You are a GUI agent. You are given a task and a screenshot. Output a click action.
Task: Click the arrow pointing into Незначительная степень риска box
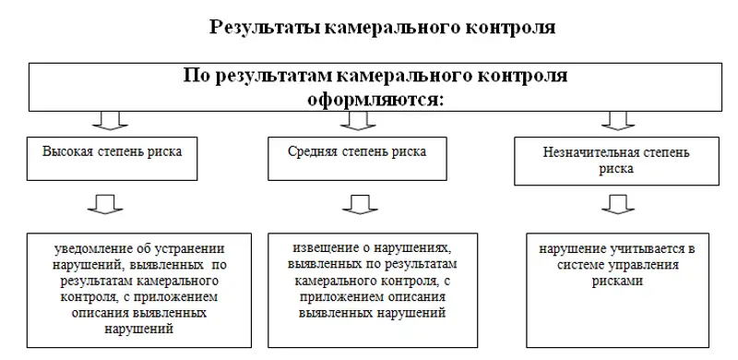(x=615, y=121)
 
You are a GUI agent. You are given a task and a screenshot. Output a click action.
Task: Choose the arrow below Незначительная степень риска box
(x=615, y=204)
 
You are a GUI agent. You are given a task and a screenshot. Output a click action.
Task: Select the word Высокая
(x=67, y=149)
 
